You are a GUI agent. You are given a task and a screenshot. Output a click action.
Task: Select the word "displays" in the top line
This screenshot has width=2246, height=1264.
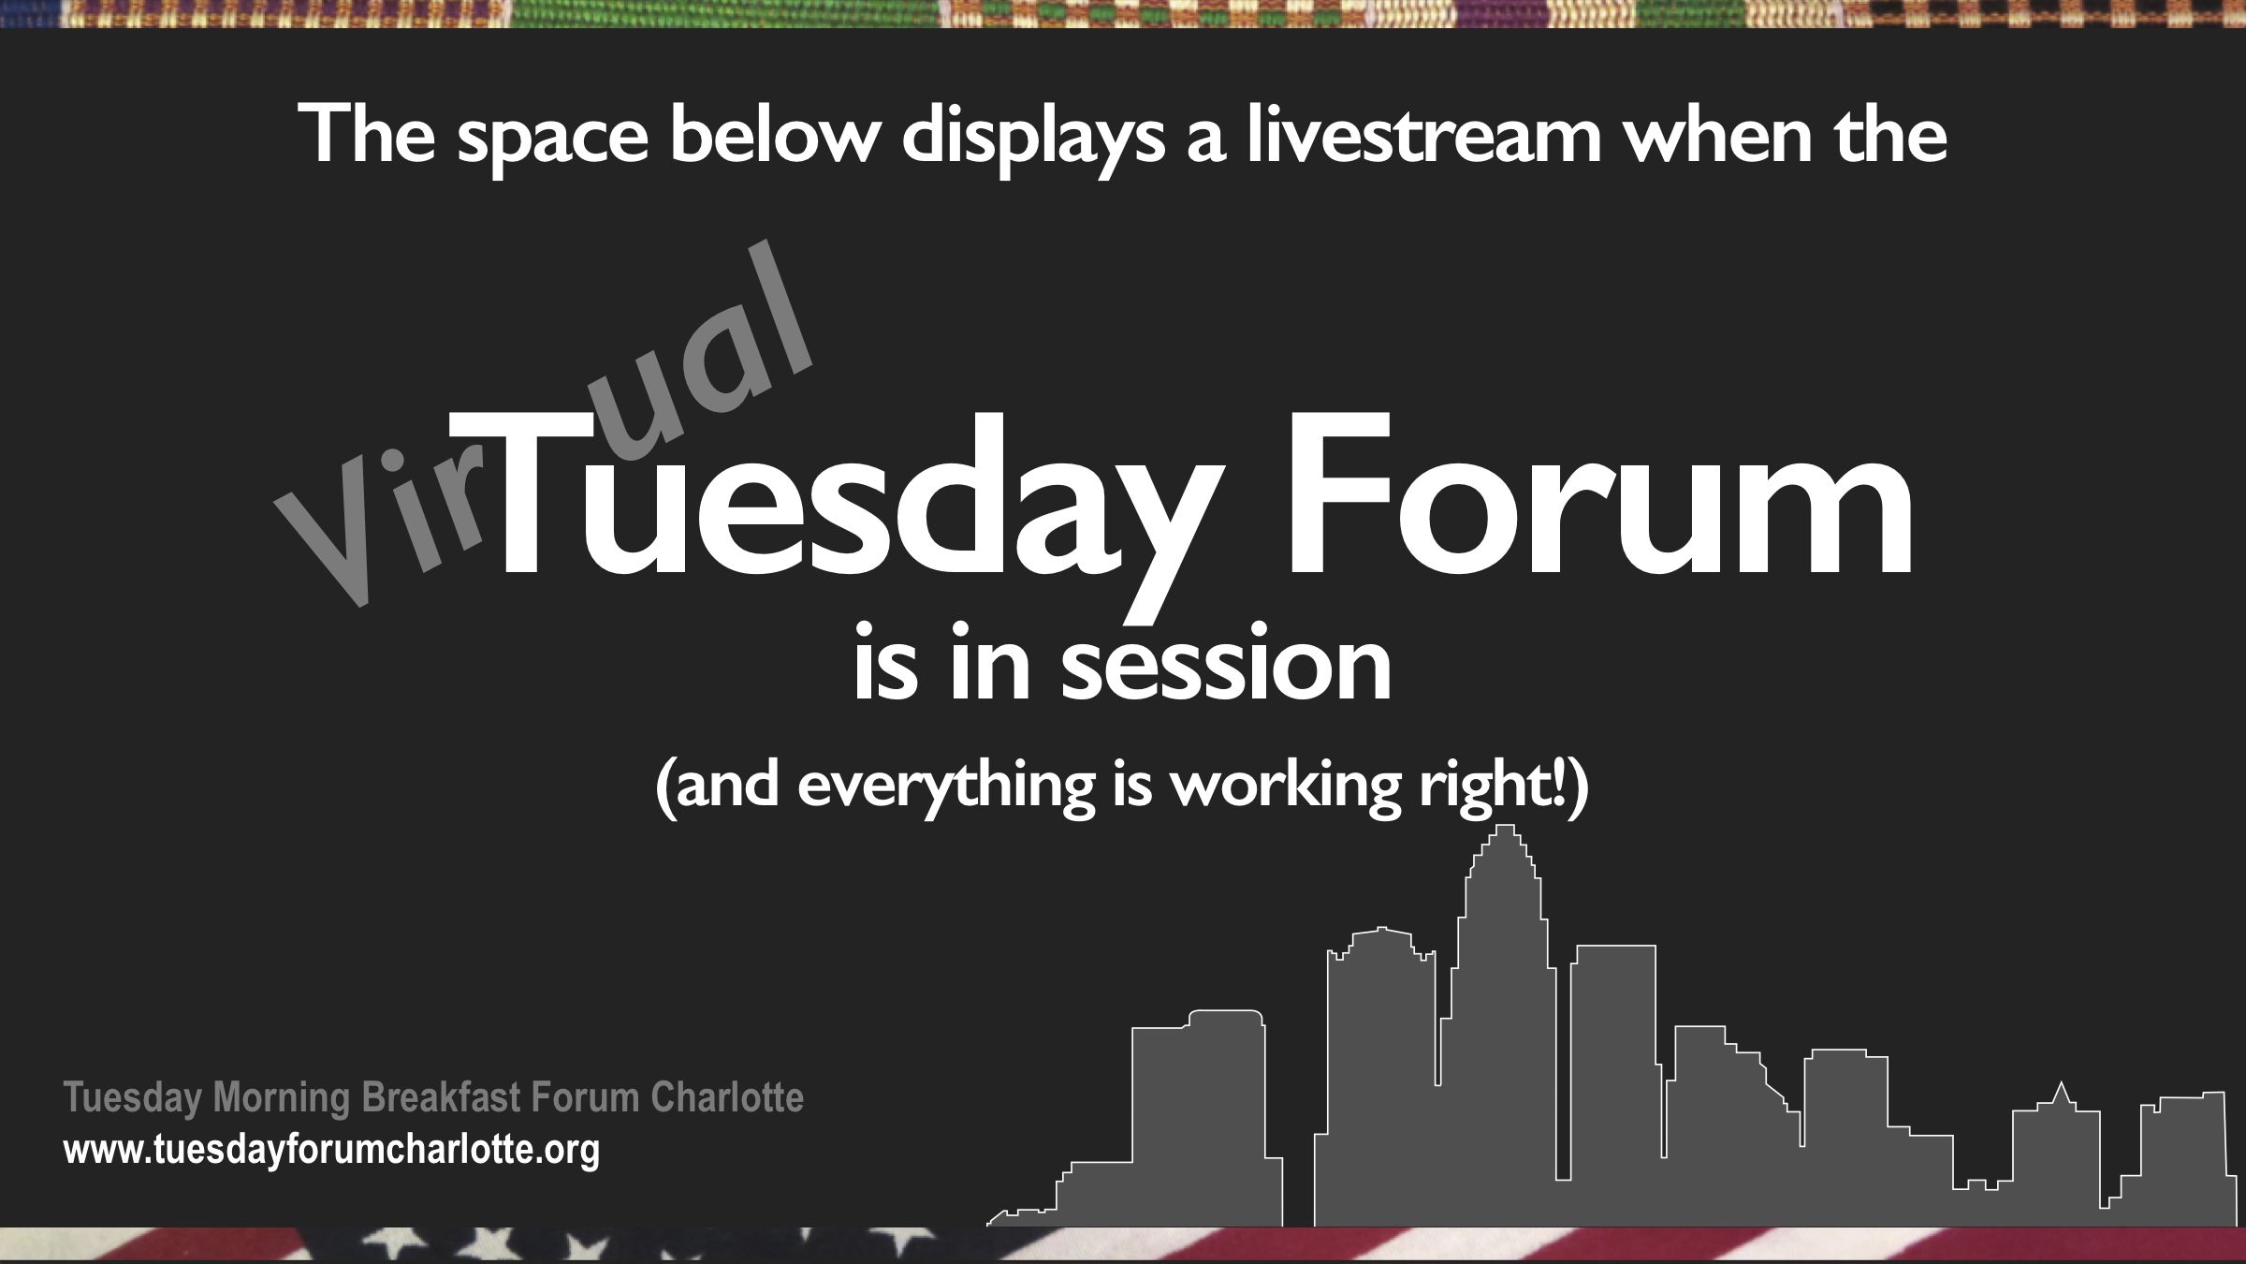coord(1033,139)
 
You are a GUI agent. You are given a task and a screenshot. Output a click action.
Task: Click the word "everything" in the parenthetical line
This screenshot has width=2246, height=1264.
coord(946,786)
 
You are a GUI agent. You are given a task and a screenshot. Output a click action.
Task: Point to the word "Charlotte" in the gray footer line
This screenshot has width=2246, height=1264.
coord(727,1097)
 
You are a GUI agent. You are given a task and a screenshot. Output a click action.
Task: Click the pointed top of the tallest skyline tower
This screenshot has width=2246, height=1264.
coord(1505,826)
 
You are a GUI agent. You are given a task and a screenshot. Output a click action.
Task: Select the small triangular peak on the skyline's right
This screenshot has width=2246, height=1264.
coord(2061,1094)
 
